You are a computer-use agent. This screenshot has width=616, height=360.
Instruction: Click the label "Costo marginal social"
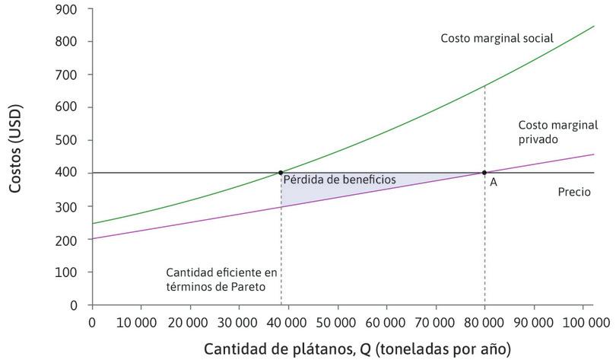(x=497, y=38)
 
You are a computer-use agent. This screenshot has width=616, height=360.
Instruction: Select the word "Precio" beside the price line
(x=574, y=193)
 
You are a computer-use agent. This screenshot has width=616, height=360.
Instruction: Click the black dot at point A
(x=484, y=173)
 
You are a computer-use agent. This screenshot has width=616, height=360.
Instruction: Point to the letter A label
(x=494, y=183)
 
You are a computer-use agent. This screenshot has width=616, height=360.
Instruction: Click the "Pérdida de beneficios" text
(x=339, y=180)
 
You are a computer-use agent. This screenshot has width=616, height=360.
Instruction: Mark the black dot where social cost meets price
(x=281, y=173)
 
